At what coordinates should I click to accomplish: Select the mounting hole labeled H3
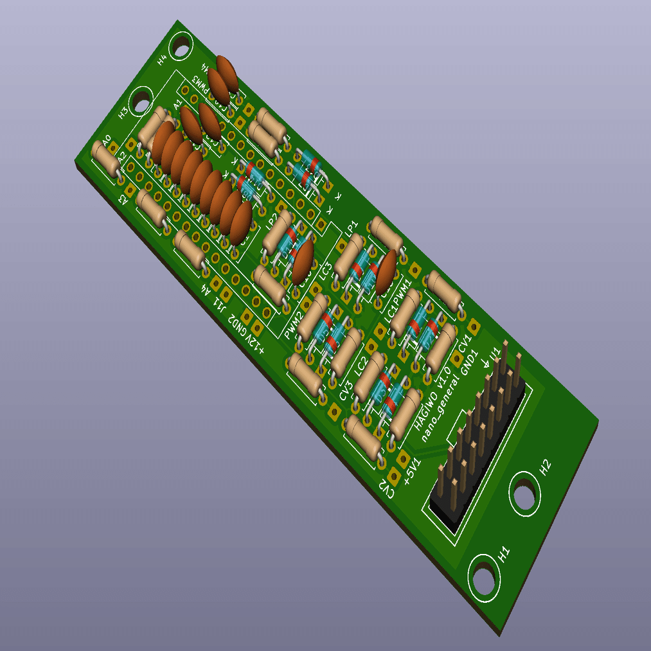[x=140, y=101]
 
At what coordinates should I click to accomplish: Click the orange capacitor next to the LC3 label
[x=302, y=262]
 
